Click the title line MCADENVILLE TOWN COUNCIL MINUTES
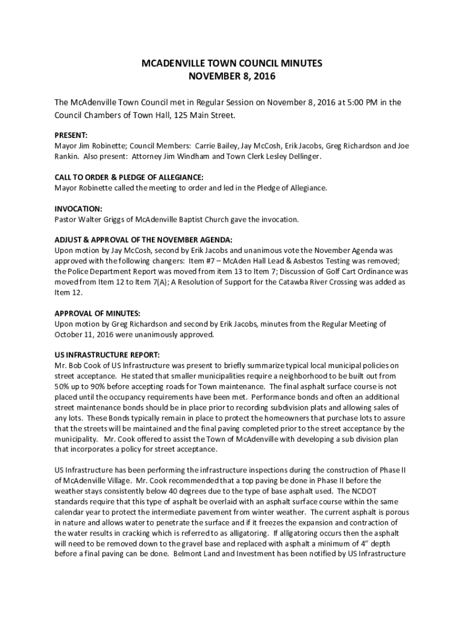[x=232, y=63]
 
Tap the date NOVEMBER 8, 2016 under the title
[x=232, y=77]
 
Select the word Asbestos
[x=313, y=260]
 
